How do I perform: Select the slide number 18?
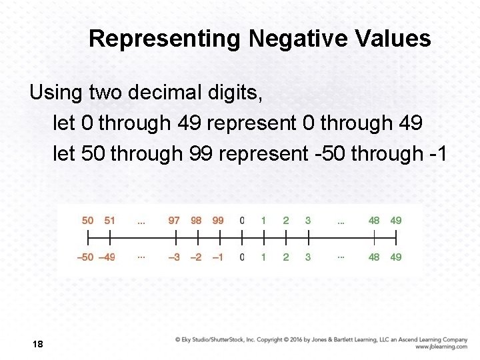[37, 344]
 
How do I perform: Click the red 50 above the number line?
[88, 221]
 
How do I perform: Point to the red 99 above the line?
[217, 221]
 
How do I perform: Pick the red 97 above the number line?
[174, 221]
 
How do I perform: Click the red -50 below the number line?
[85, 257]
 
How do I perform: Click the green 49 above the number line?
[396, 221]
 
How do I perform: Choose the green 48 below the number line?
[374, 257]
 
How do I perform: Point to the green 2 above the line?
[286, 221]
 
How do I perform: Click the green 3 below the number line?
[307, 257]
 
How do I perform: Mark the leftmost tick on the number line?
[88, 237]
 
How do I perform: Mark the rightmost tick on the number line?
[396, 237]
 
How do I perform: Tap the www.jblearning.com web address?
[441, 347]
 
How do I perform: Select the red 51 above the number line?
[110, 221]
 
